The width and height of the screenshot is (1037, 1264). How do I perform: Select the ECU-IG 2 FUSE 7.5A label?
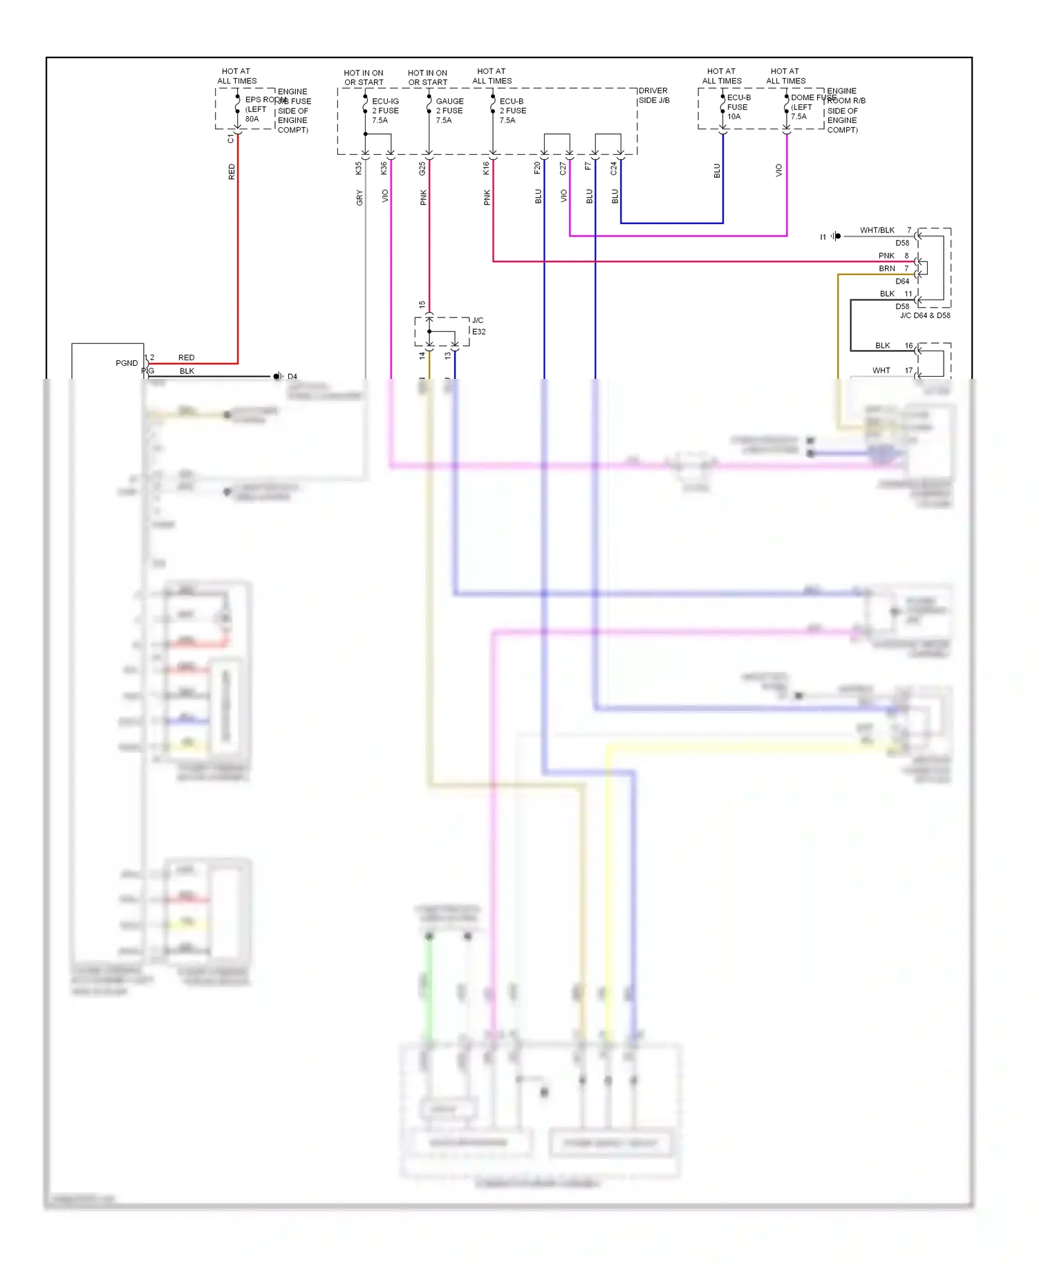click(x=385, y=111)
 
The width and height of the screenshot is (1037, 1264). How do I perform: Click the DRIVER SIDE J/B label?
click(x=653, y=95)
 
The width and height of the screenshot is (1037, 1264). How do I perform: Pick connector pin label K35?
click(x=358, y=168)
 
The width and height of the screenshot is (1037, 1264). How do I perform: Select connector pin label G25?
click(x=422, y=168)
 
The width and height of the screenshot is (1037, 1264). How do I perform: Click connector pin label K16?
click(x=486, y=168)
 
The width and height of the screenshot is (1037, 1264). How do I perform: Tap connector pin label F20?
click(x=537, y=168)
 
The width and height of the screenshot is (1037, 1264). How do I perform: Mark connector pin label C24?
click(x=614, y=168)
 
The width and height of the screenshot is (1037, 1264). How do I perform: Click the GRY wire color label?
click(x=359, y=198)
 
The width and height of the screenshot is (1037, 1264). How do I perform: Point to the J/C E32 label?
click(x=478, y=326)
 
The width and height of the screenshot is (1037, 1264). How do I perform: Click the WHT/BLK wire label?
click(x=877, y=230)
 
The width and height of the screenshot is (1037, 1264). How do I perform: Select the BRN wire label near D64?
click(x=886, y=268)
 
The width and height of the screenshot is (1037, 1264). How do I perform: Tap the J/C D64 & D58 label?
click(x=924, y=315)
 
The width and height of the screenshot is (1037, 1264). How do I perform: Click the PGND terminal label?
click(x=127, y=363)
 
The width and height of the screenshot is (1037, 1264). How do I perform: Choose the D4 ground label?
click(x=292, y=377)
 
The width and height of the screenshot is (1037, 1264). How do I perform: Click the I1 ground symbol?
click(x=837, y=236)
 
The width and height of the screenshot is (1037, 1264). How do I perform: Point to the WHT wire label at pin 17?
click(x=881, y=371)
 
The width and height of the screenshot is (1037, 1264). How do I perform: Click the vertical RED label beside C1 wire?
click(x=232, y=171)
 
